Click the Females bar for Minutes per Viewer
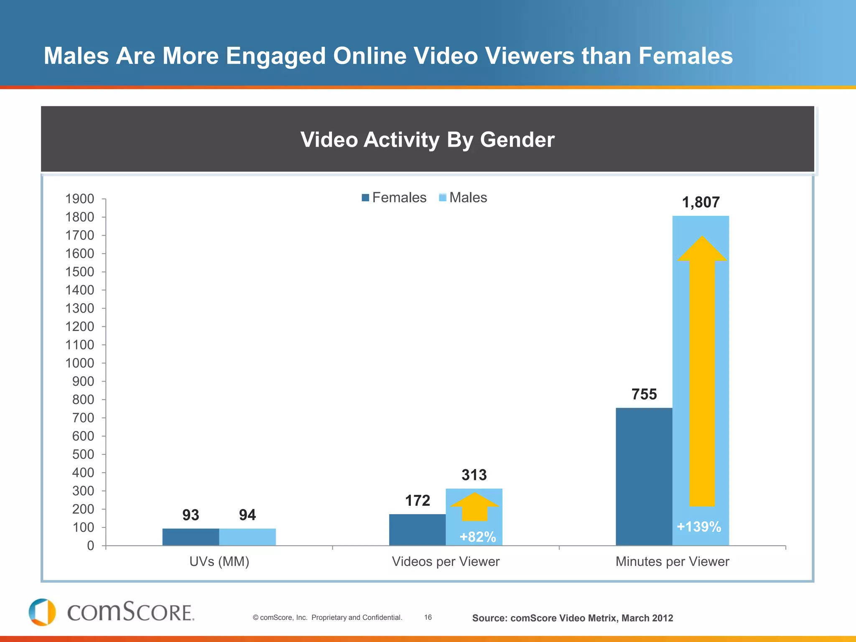click(644, 476)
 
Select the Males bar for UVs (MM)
click(247, 537)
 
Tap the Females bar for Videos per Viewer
click(417, 530)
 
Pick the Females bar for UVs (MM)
click(191, 537)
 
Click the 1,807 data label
click(701, 202)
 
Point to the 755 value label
click(644, 394)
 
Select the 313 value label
click(474, 475)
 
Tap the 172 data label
click(418, 500)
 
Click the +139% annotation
click(699, 527)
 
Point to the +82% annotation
click(477, 537)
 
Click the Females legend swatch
click(365, 198)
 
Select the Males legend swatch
click(443, 198)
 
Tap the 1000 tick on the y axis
click(79, 363)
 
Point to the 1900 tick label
click(79, 199)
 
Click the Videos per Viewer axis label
click(446, 561)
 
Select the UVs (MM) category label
click(219, 561)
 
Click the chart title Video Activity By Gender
click(427, 140)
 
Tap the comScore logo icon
click(42, 612)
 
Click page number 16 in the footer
click(428, 617)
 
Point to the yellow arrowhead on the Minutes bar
click(702, 249)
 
